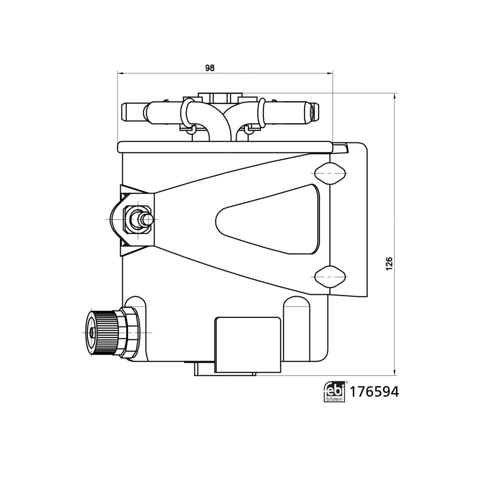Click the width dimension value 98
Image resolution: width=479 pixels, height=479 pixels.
[x=210, y=68]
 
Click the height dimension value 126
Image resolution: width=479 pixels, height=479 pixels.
[x=389, y=264]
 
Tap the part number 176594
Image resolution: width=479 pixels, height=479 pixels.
[x=375, y=392]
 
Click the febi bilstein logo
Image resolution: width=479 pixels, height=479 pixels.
[x=335, y=392]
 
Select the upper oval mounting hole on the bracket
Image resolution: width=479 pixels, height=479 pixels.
[x=330, y=173]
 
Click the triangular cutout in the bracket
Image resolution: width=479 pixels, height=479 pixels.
[x=268, y=219]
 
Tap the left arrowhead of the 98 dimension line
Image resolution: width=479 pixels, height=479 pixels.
[x=120, y=73]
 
